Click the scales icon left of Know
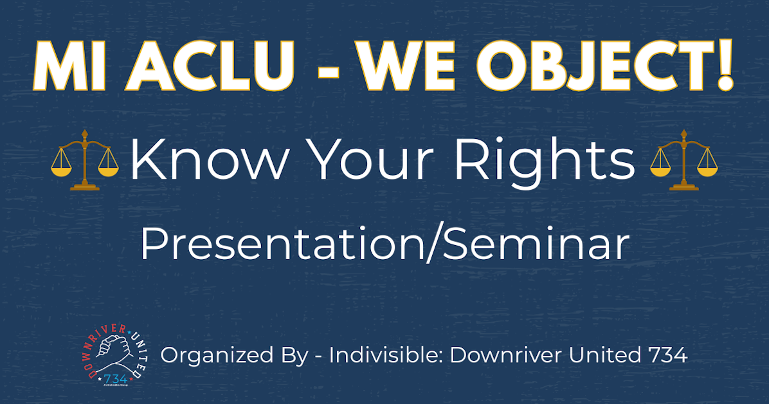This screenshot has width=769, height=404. click(x=85, y=160)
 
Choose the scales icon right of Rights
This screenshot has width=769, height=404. click(x=684, y=160)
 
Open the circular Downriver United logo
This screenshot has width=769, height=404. click(x=116, y=354)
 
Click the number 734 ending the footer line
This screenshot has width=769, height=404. click(x=667, y=354)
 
